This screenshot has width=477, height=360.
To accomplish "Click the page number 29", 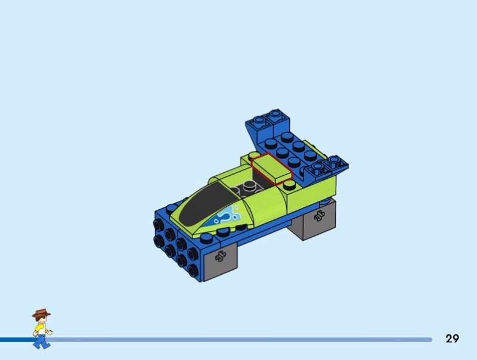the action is coord(452,339).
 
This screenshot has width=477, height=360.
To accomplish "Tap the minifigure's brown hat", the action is coord(41,314).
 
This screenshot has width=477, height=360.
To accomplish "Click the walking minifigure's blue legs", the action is coord(41,342).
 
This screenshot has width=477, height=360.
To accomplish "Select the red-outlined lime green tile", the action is coord(272,169).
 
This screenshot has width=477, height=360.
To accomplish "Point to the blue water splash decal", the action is coord(224,217).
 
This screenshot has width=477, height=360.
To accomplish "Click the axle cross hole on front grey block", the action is coord(221,256).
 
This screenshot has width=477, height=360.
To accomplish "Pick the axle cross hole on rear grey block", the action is coord(319,216).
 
